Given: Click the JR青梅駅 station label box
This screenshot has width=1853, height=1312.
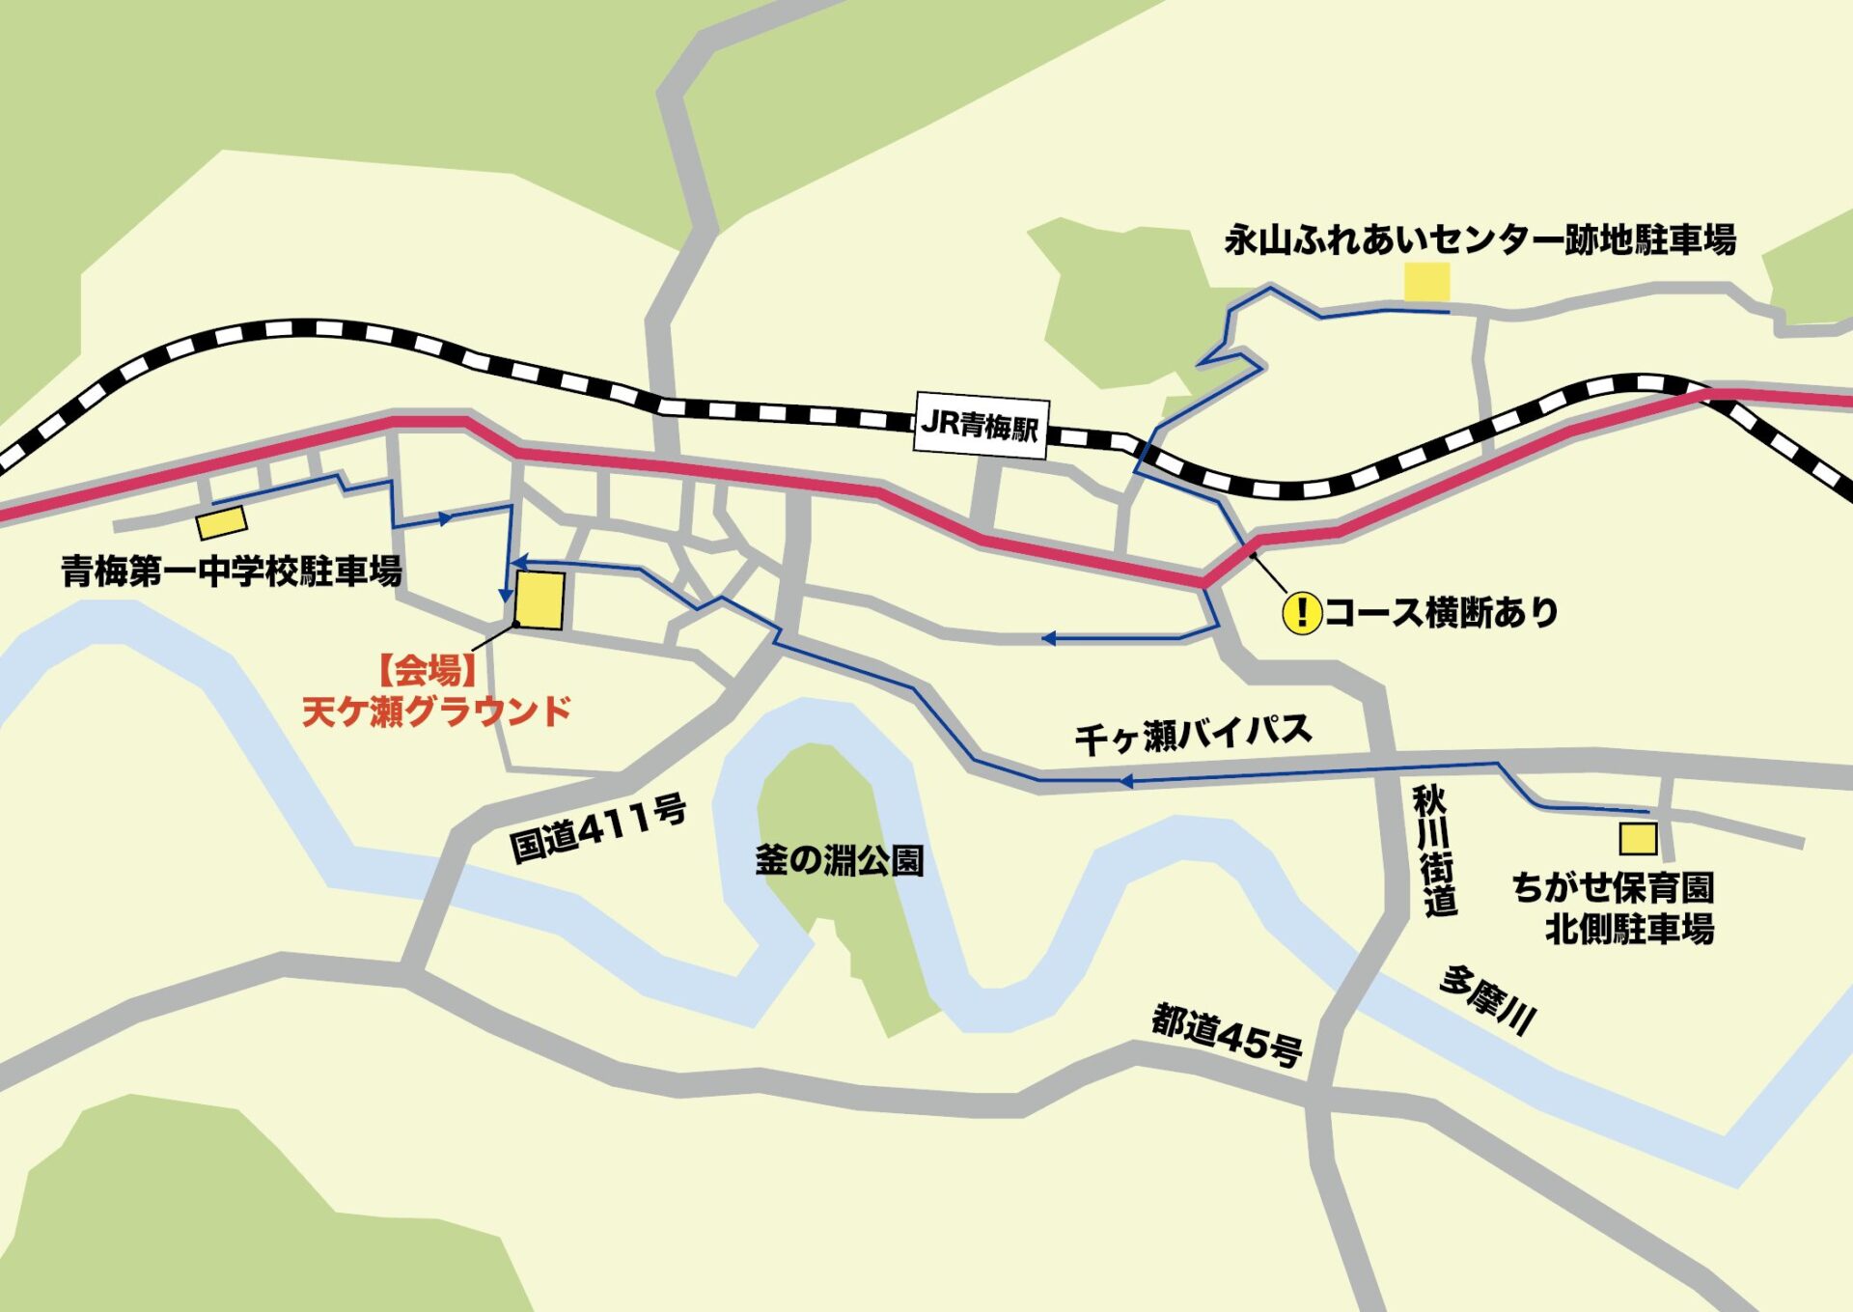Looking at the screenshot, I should [x=981, y=425].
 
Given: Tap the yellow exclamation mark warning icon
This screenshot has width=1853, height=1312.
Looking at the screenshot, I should [x=1301, y=612].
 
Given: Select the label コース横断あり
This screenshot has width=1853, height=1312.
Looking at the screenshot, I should [x=1441, y=612].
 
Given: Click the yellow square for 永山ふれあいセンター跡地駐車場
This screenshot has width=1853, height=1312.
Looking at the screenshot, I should [x=1426, y=282].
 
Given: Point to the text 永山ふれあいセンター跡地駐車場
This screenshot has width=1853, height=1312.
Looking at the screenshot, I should [x=1480, y=239].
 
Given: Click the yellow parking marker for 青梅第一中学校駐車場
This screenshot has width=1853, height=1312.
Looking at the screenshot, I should [x=222, y=522].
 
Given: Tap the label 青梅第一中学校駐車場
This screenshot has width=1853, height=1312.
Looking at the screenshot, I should [x=232, y=572].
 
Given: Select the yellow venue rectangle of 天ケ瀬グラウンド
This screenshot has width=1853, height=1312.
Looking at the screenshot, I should [x=539, y=600].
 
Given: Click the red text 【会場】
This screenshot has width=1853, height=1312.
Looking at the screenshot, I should [x=426, y=670].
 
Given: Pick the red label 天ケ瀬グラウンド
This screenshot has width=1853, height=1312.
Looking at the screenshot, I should [x=436, y=712].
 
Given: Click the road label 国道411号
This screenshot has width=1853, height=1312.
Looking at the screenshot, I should [x=598, y=828].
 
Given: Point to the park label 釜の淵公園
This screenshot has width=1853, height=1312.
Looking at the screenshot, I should [x=839, y=860].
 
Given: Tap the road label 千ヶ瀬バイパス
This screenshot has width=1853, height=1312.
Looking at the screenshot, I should [x=1193, y=735].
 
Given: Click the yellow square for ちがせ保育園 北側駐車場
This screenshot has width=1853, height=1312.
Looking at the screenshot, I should [x=1638, y=839].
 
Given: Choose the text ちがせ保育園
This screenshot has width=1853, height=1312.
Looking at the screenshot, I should [x=1613, y=887].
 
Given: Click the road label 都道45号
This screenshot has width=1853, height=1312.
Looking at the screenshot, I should [x=1227, y=1036].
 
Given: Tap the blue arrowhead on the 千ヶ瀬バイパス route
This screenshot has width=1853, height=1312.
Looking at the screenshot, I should [x=1125, y=781].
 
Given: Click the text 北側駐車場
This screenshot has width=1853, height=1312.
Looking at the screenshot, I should [x=1629, y=930].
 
